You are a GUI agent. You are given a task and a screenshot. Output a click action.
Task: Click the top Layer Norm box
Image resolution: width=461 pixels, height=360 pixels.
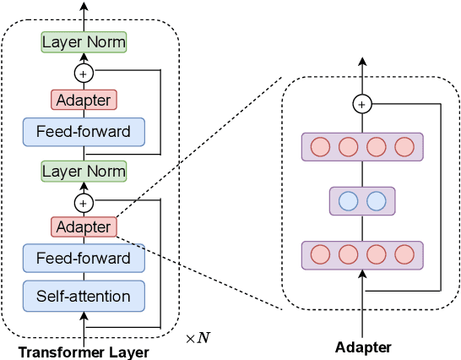click(x=84, y=41)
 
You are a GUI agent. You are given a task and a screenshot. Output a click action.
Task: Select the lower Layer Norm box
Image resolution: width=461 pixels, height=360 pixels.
click(x=84, y=172)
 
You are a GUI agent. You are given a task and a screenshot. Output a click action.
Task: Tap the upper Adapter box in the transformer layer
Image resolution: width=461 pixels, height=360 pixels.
click(x=84, y=100)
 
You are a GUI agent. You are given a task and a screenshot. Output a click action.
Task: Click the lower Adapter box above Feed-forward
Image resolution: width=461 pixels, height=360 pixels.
click(x=84, y=226)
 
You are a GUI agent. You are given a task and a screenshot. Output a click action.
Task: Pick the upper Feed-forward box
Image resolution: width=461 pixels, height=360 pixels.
click(x=84, y=132)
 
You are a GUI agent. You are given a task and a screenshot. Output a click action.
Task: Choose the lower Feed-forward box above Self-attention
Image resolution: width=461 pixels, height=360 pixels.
click(x=84, y=259)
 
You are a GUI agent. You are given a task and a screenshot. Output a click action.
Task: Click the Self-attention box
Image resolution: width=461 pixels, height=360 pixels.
click(x=84, y=296)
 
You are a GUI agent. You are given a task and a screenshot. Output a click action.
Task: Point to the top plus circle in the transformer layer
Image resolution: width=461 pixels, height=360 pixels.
click(x=84, y=72)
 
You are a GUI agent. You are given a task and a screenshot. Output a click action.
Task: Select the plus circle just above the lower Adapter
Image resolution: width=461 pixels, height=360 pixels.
click(x=84, y=202)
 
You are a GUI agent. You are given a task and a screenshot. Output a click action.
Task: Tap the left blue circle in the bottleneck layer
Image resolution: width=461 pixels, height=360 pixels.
click(x=348, y=201)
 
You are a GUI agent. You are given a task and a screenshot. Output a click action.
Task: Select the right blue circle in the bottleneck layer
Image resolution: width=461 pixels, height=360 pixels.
click(x=376, y=201)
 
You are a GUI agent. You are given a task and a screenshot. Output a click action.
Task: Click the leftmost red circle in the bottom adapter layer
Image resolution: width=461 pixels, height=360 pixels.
click(x=320, y=254)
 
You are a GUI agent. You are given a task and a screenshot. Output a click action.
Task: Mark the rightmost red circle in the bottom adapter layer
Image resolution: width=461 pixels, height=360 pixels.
click(x=404, y=254)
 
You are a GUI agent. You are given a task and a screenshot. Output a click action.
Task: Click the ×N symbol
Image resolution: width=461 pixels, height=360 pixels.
click(x=198, y=338)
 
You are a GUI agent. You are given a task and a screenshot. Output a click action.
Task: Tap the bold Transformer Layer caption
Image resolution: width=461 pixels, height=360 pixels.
click(x=84, y=352)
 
